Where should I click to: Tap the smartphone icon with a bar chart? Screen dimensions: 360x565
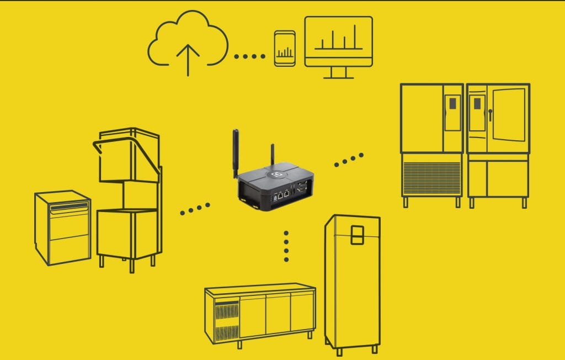pyautogui.click(x=284, y=49)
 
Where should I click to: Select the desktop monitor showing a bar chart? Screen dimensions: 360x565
pyautogui.click(x=338, y=44)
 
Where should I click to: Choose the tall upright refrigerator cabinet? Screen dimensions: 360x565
pyautogui.click(x=351, y=282)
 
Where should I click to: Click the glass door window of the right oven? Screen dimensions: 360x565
pyautogui.click(x=509, y=113)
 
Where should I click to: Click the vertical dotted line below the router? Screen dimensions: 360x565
pyautogui.click(x=286, y=246)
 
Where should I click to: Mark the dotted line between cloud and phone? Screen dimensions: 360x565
pyautogui.click(x=250, y=56)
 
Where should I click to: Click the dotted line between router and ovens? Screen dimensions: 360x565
pyautogui.click(x=349, y=160)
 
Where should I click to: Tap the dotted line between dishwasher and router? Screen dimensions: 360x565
pyautogui.click(x=195, y=208)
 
